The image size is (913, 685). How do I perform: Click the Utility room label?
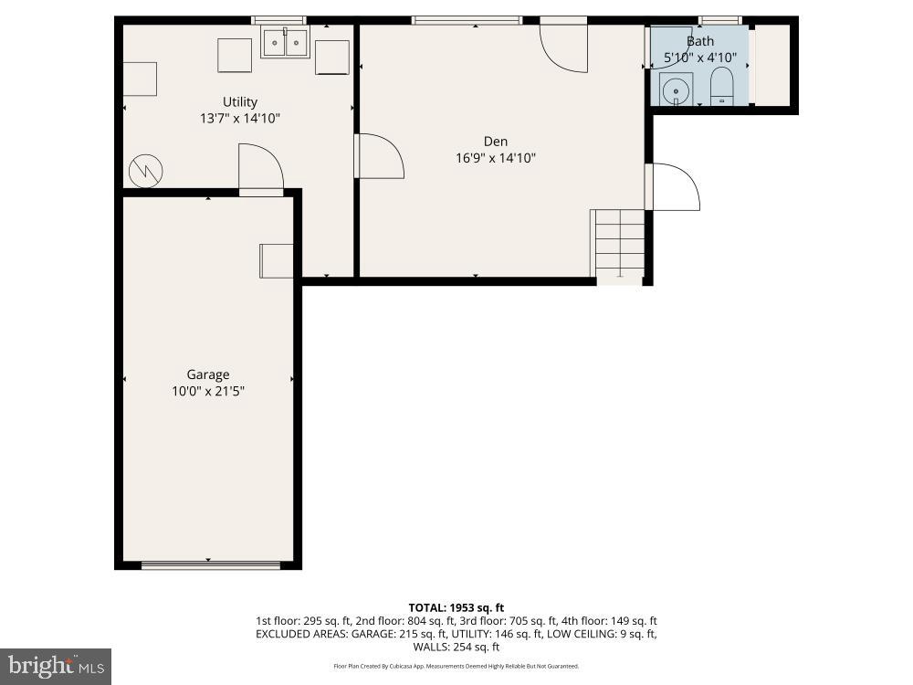[x=240, y=101]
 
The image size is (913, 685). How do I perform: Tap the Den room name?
[x=496, y=141]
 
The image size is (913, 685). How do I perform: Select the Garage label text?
[x=208, y=374]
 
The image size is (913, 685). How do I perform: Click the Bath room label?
[x=700, y=41]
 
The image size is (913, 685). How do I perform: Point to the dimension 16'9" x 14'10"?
[x=496, y=158]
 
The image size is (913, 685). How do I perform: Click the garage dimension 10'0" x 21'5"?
[x=208, y=391]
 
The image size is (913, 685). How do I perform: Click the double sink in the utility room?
[x=285, y=43]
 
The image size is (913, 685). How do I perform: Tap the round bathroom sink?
[x=676, y=90]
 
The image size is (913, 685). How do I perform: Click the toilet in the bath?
[x=722, y=86]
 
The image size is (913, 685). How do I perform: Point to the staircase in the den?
[x=619, y=242]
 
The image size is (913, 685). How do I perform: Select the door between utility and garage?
[x=260, y=169]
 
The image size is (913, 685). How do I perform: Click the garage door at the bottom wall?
[x=211, y=565]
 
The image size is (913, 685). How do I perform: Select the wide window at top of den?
[x=467, y=20]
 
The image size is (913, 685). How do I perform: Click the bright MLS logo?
[x=55, y=666]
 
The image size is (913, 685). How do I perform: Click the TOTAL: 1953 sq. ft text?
[x=456, y=607]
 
